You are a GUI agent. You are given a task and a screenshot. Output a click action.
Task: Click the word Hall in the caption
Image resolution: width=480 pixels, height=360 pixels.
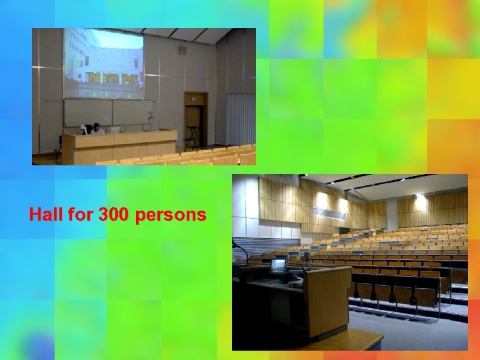tap(46, 215)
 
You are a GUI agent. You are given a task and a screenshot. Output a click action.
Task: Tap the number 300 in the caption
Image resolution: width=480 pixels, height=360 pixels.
tap(114, 215)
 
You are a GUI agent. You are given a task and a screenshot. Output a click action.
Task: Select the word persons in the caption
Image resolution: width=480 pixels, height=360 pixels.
tap(171, 215)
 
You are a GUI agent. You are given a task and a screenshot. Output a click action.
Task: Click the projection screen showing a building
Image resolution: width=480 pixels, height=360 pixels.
tap(103, 63)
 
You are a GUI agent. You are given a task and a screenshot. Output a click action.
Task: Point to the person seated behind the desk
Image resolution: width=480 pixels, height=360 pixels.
tap(97, 129)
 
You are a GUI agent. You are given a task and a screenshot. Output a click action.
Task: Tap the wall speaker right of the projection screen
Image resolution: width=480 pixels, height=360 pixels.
tap(183, 49)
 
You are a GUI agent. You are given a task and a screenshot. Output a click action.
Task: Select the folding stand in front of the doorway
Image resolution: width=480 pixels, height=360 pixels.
tap(192, 136)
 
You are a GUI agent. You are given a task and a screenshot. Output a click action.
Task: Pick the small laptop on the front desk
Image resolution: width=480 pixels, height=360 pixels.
tap(115, 130)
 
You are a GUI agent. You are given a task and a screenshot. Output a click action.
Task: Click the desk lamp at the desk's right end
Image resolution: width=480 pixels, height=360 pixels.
tap(151, 120)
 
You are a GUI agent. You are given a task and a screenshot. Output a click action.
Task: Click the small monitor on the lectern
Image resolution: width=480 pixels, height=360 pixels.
tap(278, 264)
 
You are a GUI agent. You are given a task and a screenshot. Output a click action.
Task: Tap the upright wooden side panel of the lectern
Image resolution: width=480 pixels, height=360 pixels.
tap(328, 300)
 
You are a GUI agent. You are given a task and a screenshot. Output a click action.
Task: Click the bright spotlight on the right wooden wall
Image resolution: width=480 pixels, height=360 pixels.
tap(420, 199)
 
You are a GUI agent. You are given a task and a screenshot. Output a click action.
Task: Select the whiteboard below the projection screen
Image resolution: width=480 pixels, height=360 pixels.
tap(107, 112)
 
